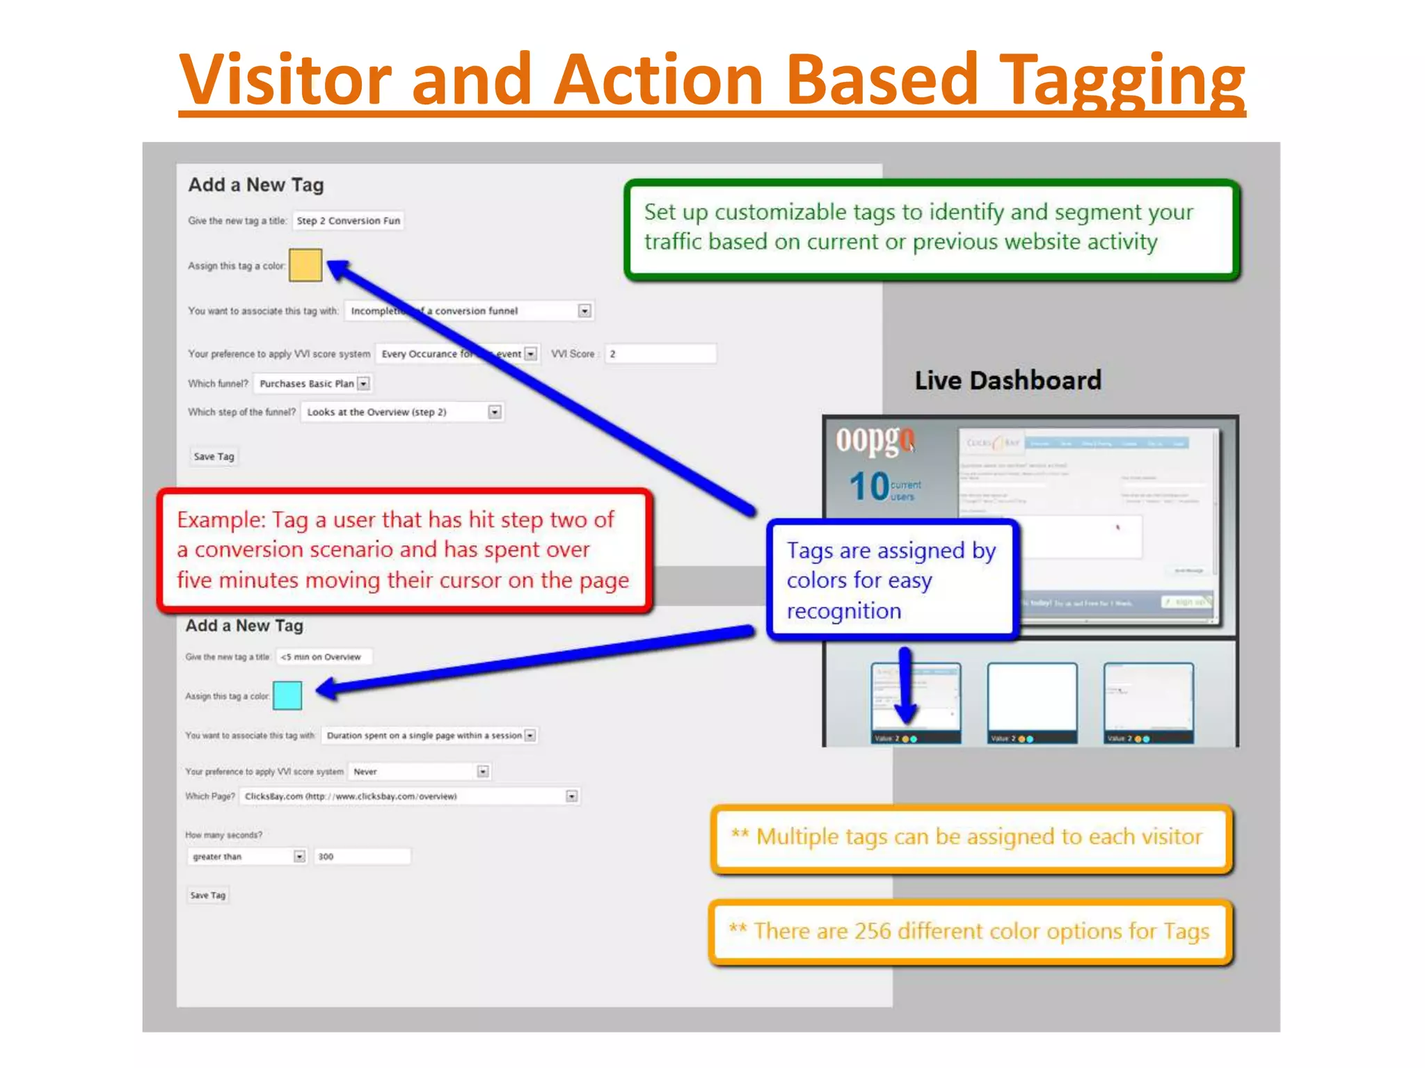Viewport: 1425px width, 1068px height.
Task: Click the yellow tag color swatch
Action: (x=305, y=265)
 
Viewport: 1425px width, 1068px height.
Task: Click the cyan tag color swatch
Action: (x=287, y=695)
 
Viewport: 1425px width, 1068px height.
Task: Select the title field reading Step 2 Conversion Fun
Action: (x=348, y=220)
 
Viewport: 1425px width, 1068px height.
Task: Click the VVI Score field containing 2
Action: (x=660, y=353)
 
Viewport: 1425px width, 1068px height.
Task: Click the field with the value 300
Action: (x=362, y=856)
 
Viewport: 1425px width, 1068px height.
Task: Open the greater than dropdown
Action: (x=247, y=856)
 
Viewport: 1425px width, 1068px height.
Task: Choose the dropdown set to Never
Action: (x=420, y=771)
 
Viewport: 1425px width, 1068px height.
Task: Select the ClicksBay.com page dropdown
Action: (x=409, y=796)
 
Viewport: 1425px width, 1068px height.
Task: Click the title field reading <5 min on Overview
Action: (x=324, y=656)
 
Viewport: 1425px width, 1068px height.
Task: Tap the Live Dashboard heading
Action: (x=1008, y=380)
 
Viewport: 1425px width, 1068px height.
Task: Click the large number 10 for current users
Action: (x=869, y=486)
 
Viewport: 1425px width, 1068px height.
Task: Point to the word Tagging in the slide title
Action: (x=1122, y=80)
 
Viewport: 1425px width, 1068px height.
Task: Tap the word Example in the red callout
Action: (x=221, y=519)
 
